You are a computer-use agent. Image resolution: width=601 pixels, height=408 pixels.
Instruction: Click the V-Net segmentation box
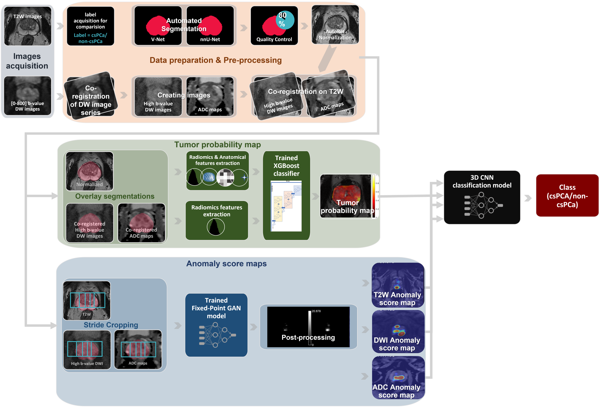pos(158,26)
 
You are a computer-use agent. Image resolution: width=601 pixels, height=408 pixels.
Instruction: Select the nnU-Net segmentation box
pos(210,26)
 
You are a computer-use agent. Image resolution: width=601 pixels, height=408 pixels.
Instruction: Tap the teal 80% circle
pos(285,20)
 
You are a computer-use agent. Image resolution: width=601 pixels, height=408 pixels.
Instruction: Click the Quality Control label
pos(274,39)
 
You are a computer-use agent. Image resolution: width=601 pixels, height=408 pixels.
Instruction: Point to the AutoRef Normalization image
pos(335,25)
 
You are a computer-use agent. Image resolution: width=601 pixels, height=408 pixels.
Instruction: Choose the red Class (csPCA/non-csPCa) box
pos(567,195)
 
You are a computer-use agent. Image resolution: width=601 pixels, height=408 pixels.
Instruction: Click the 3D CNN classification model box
pos(482,197)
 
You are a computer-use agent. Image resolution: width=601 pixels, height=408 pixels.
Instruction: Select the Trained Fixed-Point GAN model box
pos(216,325)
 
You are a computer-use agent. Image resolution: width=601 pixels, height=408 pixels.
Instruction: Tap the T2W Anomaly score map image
pos(398,285)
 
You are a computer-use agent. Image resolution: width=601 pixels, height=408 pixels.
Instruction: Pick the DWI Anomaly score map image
pos(398,332)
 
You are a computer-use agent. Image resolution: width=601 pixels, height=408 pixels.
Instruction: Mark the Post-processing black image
pos(308,327)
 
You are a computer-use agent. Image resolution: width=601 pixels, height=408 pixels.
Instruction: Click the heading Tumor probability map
pos(218,145)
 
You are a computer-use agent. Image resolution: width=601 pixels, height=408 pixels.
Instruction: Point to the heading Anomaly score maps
pos(226,263)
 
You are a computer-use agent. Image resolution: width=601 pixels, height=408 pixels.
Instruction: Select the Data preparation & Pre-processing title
pos(215,60)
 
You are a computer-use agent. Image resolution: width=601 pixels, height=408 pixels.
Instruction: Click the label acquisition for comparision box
pos(90,26)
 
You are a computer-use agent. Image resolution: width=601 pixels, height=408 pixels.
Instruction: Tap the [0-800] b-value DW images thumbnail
pos(28,96)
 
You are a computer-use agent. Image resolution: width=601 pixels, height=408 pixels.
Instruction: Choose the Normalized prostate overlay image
pos(90,171)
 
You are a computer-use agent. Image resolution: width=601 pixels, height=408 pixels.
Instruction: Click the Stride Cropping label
pos(111,325)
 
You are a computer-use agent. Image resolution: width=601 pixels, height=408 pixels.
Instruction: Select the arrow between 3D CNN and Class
pos(528,198)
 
